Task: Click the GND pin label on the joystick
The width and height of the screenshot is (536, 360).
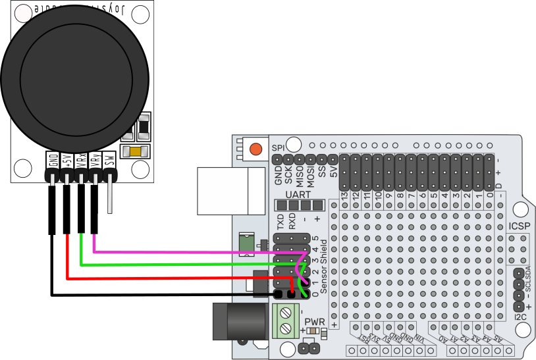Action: click(52, 160)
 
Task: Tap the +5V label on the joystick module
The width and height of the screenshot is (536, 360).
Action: click(67, 160)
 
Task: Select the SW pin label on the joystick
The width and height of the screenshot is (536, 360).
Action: click(110, 160)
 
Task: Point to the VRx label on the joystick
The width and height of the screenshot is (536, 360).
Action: click(81, 160)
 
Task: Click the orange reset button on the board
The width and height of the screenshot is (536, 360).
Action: click(257, 148)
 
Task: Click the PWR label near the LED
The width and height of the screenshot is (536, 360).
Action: click(314, 322)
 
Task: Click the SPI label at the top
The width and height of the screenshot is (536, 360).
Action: click(278, 149)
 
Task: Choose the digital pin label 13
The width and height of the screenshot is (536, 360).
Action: click(344, 195)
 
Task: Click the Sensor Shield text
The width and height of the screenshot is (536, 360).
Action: click(323, 263)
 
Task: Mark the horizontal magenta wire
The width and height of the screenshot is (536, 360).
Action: click(198, 251)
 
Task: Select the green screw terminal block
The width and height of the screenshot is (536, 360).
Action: click(285, 321)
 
